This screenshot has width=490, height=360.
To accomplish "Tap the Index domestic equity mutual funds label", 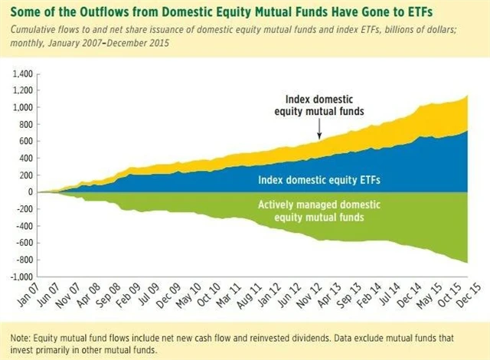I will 320,105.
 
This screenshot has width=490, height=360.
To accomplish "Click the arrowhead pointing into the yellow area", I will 319,139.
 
